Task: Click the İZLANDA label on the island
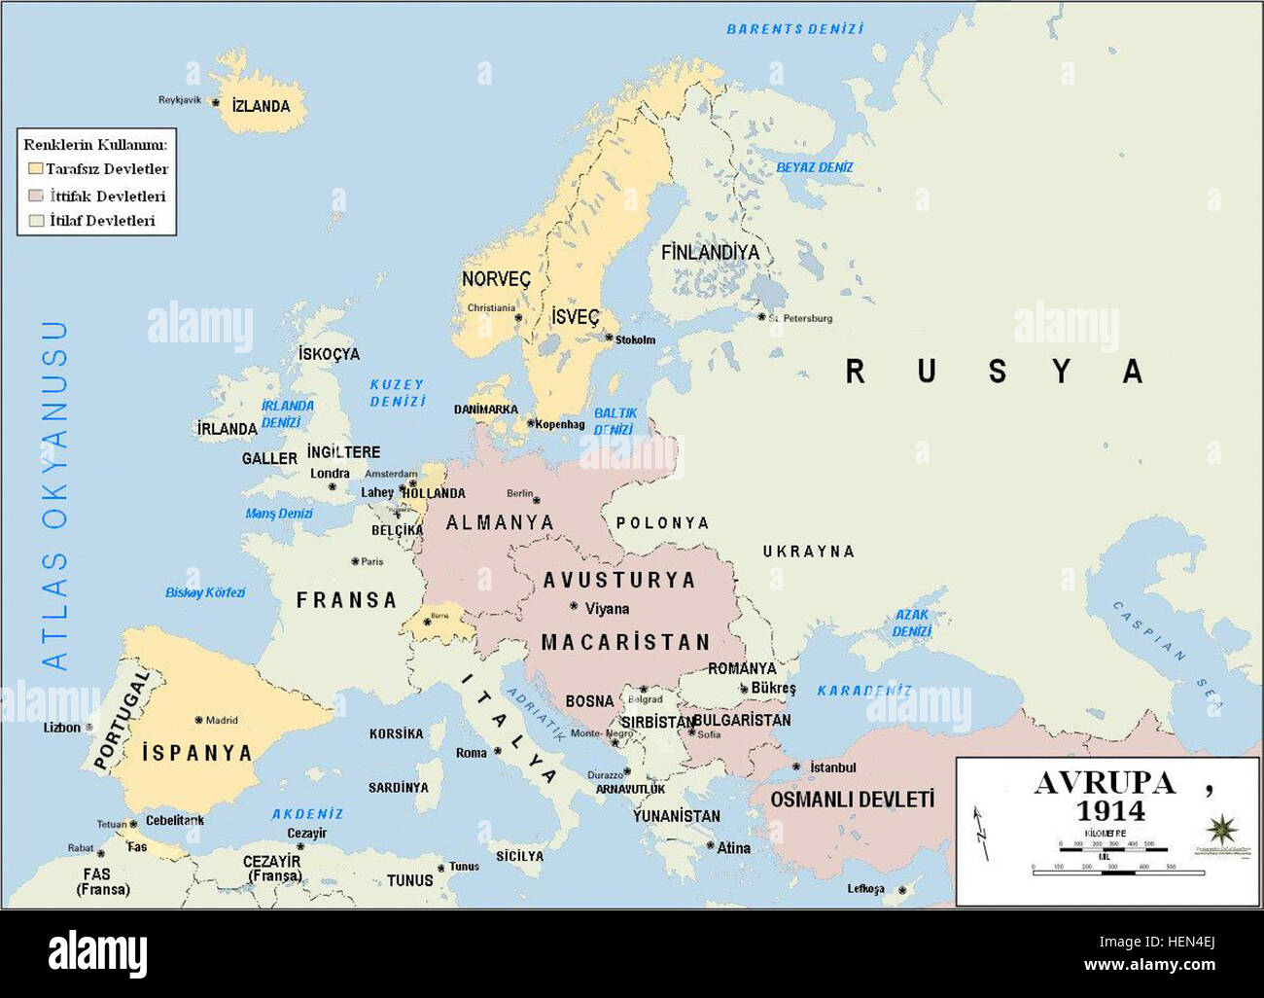point(261,106)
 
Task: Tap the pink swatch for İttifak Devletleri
point(36,196)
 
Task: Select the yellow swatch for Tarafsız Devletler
point(36,169)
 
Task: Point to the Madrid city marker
point(198,720)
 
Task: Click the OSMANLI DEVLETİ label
point(852,800)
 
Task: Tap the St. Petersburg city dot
point(761,316)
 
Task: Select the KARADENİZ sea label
point(863,691)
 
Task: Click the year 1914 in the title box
point(1109,810)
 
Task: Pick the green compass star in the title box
point(1220,830)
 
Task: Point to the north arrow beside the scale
point(982,832)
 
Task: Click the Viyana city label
point(607,609)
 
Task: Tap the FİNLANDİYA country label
point(710,252)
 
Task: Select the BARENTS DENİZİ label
point(794,29)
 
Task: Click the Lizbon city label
point(62,728)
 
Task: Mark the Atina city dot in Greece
point(710,846)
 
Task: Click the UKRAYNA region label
point(808,552)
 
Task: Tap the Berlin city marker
point(536,500)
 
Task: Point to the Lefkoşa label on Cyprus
point(865,889)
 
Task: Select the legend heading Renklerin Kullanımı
point(95,144)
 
